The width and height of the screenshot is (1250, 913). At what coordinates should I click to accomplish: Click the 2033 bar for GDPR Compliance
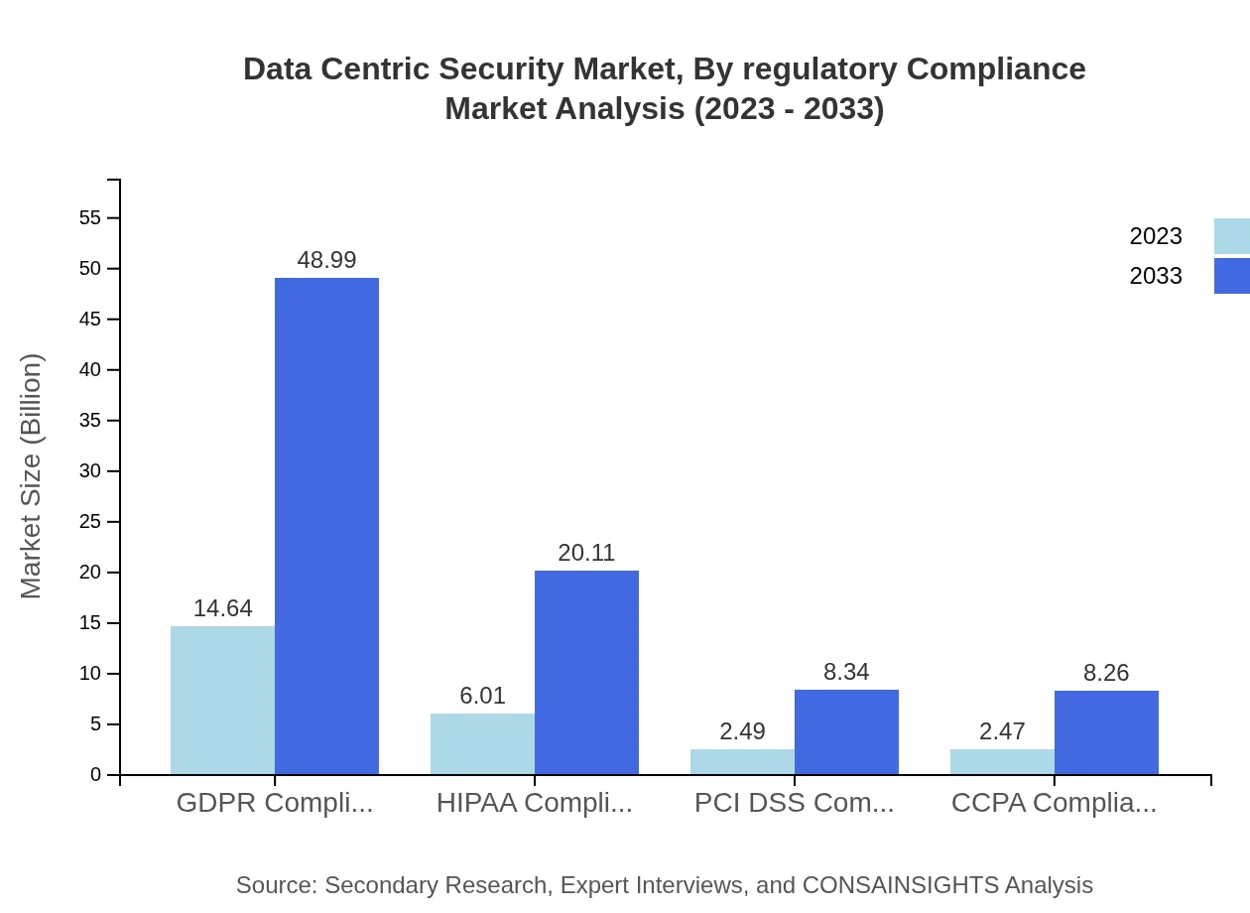[326, 526]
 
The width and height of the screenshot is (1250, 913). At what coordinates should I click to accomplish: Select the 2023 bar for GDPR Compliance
[222, 700]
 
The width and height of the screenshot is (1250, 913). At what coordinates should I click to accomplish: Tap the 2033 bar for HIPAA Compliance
[586, 672]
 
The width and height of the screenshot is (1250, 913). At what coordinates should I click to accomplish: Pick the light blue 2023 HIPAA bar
[482, 743]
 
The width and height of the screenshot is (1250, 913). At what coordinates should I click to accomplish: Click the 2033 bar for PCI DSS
[846, 731]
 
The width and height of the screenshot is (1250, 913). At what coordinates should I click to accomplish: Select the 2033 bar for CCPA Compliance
[1106, 732]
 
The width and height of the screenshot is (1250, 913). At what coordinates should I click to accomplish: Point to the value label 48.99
[326, 260]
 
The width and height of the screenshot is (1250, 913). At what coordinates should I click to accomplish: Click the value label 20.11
[586, 553]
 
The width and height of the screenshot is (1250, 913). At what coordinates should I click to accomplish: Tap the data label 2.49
[742, 731]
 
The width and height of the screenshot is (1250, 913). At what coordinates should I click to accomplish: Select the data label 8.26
[1106, 673]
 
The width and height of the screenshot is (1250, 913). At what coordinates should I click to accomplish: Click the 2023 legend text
[1156, 236]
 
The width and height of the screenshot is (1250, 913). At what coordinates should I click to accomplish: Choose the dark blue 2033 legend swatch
[1232, 276]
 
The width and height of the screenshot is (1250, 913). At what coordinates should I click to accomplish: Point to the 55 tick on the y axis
[90, 217]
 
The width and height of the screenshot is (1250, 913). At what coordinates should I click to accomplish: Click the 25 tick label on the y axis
[90, 522]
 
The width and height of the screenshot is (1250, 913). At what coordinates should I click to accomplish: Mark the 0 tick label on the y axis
[96, 775]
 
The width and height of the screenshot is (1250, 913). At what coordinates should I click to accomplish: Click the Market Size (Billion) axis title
[32, 476]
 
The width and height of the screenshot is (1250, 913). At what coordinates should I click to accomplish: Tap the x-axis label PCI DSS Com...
[794, 803]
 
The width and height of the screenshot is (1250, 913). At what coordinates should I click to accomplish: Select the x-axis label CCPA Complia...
[1054, 803]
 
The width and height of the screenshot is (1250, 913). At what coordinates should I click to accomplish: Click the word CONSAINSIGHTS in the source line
[900, 885]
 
